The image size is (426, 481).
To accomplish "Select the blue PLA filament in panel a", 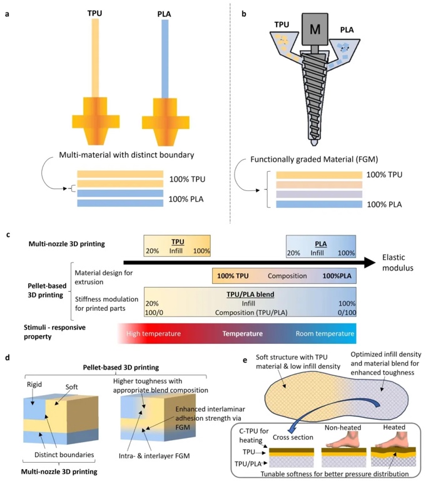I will [x=165, y=56].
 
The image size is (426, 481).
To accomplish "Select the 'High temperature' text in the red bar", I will [x=154, y=334].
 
